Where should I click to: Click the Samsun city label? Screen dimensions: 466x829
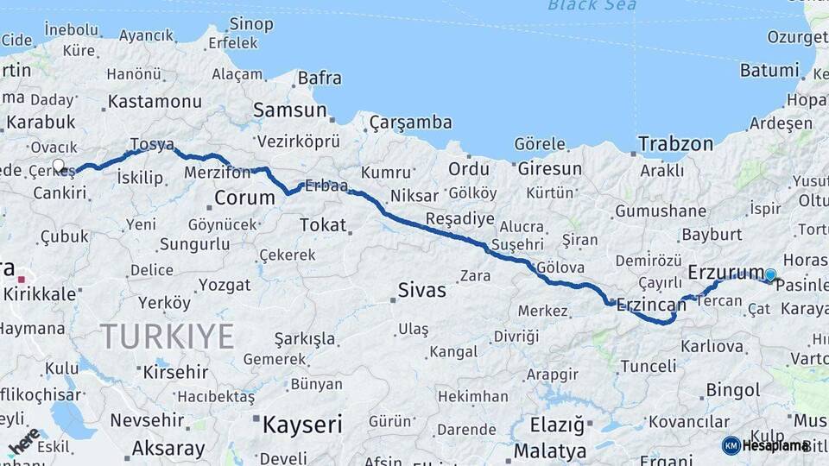[289, 110]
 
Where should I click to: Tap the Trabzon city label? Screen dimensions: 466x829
[675, 144]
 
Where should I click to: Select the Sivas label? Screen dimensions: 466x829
[421, 290]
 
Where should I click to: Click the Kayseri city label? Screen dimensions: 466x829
[301, 425]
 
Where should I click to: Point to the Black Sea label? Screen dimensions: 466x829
[592, 6]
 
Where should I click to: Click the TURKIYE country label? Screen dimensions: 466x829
[167, 336]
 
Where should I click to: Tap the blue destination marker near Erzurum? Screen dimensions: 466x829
[770, 275]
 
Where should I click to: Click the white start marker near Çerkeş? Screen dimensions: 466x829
[59, 165]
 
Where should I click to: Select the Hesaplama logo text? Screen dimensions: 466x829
[775, 445]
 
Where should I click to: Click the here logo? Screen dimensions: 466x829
[24, 441]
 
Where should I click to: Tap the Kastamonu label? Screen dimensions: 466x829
[155, 102]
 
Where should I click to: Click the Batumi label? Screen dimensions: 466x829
[769, 71]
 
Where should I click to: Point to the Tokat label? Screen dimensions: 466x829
[322, 225]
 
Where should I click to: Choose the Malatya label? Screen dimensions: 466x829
[550, 450]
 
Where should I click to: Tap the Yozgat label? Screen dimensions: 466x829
[225, 285]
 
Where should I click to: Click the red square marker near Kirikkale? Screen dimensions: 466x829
[22, 279]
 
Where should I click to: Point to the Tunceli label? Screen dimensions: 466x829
[649, 366]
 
